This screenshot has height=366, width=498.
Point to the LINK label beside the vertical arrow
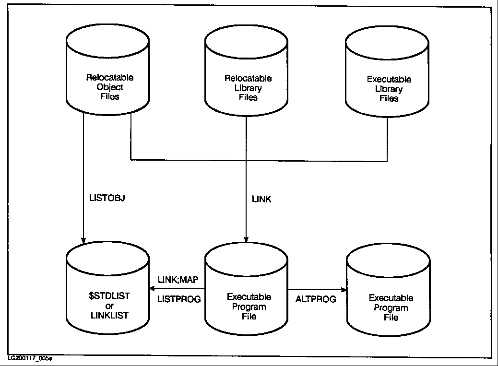point(261,198)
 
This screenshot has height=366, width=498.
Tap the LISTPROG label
point(179,299)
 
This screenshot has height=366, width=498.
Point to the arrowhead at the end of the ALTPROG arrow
point(344,290)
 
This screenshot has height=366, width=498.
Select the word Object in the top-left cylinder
point(109,87)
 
